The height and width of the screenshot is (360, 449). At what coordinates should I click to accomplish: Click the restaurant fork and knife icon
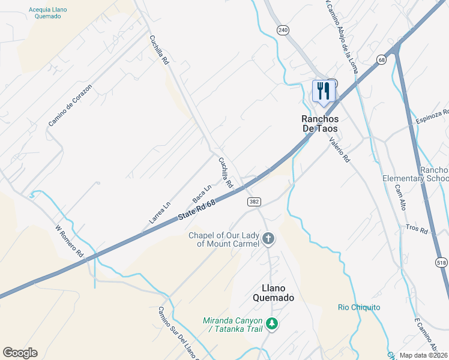coord(323,91)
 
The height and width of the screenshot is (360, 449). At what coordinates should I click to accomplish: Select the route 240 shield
coord(283,29)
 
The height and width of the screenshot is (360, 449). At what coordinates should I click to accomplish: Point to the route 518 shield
coord(442,262)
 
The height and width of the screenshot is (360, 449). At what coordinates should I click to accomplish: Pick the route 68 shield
coord(382,59)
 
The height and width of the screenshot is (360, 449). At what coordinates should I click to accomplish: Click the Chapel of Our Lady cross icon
coord(268,240)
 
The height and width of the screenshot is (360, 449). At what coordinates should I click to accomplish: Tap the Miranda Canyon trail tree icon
coord(272,324)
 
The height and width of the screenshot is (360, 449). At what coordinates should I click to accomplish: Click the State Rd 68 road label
coord(196,212)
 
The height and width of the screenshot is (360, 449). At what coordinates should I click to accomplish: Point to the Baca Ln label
coord(202,193)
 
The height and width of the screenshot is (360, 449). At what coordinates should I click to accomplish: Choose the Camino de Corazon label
coord(71,106)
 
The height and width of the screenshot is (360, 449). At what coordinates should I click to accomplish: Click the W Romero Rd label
coord(68,241)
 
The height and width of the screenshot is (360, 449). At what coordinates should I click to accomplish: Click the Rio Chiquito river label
coord(358,307)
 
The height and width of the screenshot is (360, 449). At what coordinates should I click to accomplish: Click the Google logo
coord(20,353)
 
